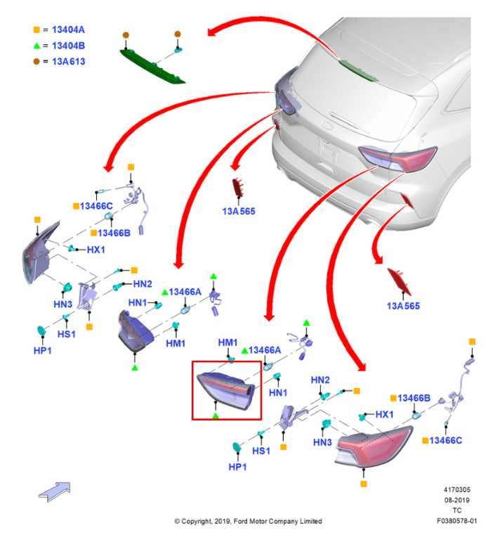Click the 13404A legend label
(x=69, y=30)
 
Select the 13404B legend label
(x=69, y=46)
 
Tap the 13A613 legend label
(x=69, y=61)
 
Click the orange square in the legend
(x=36, y=30)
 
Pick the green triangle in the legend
(x=36, y=46)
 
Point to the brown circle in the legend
(x=36, y=61)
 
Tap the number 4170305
(x=456, y=489)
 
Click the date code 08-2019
(x=456, y=500)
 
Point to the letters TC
(x=457, y=510)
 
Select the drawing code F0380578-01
(x=456, y=521)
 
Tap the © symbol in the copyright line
(x=177, y=521)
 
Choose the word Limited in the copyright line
(x=309, y=521)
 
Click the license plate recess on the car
(x=331, y=148)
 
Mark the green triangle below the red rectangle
(x=216, y=416)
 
